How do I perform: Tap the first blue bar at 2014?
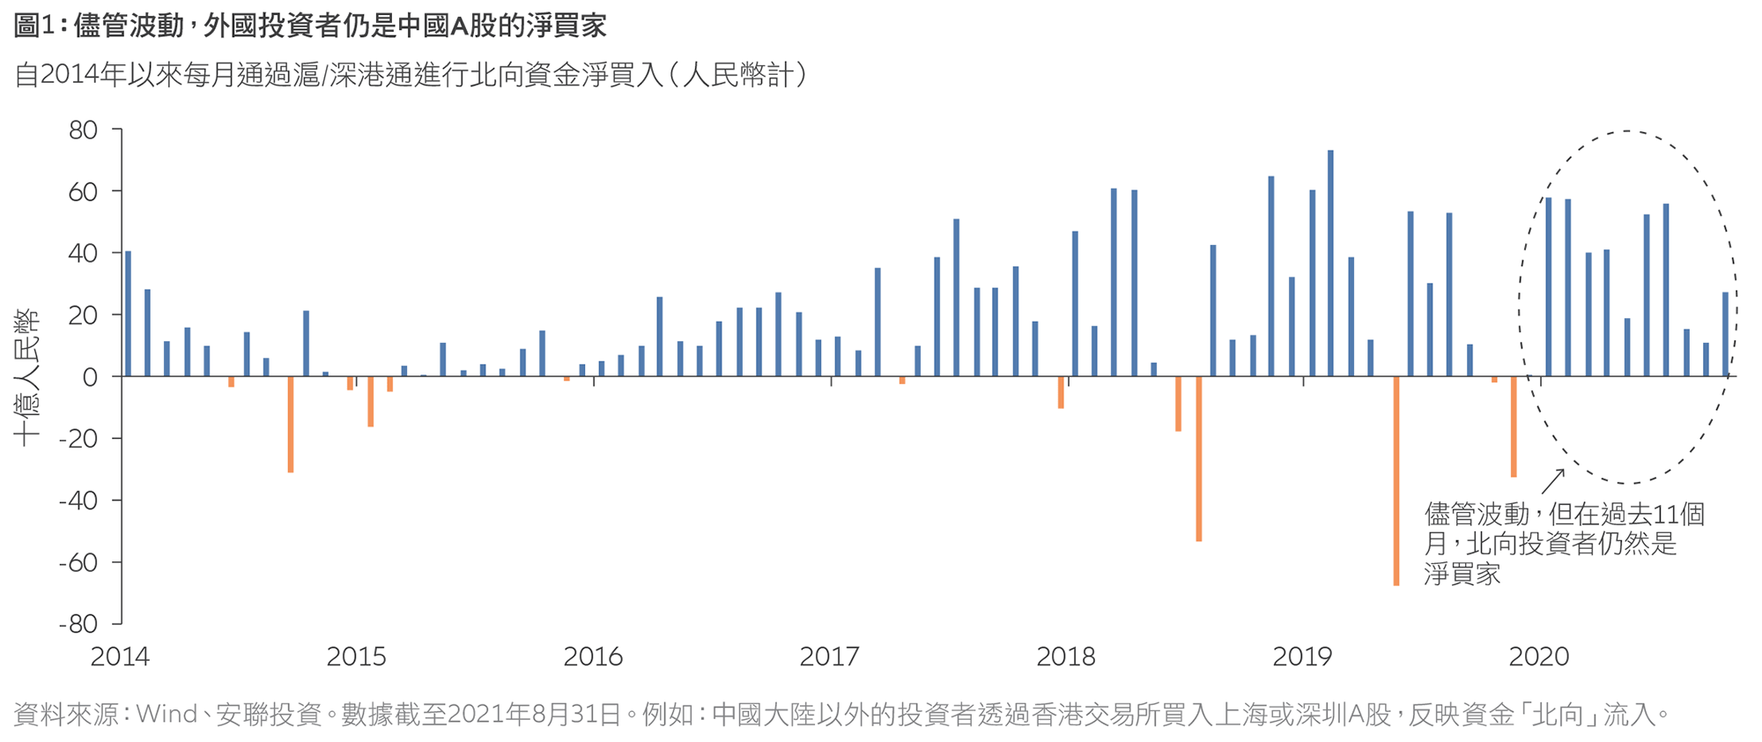(x=128, y=314)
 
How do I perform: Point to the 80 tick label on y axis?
(x=83, y=130)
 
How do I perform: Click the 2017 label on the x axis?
(x=829, y=657)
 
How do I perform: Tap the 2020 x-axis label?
(x=1539, y=657)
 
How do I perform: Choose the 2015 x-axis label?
(x=356, y=657)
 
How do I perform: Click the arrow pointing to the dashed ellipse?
(x=1552, y=481)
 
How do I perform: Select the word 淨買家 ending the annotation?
(x=1462, y=575)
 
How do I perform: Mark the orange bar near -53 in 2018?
(x=1199, y=458)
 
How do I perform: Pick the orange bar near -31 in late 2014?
(x=291, y=424)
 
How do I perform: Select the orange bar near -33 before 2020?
(x=1514, y=427)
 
